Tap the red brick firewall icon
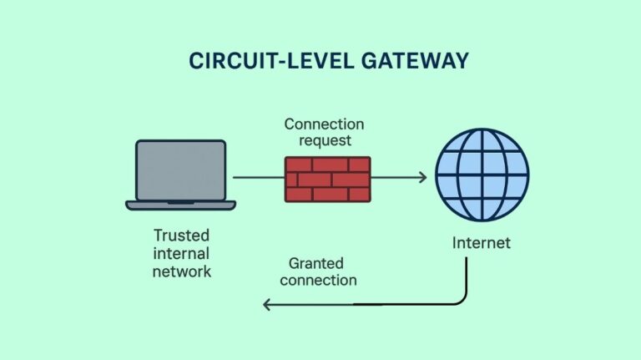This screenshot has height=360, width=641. point(327,179)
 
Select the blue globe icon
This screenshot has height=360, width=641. point(482,177)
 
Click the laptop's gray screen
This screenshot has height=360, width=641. point(180,170)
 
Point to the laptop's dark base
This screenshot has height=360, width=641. point(180,205)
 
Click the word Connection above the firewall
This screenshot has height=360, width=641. point(324,124)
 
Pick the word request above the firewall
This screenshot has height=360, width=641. point(325,141)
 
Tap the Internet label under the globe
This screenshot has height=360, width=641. point(481,244)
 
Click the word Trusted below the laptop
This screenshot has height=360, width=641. point(181,235)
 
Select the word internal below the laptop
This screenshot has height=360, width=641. point(181,253)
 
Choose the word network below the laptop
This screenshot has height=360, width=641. point(182,271)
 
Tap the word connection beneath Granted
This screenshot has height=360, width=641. point(318,280)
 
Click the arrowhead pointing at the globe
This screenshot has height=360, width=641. point(422,177)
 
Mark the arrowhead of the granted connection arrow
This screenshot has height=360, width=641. point(268,305)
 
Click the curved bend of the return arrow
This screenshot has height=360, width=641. point(460,298)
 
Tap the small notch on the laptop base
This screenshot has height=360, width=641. point(180,202)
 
